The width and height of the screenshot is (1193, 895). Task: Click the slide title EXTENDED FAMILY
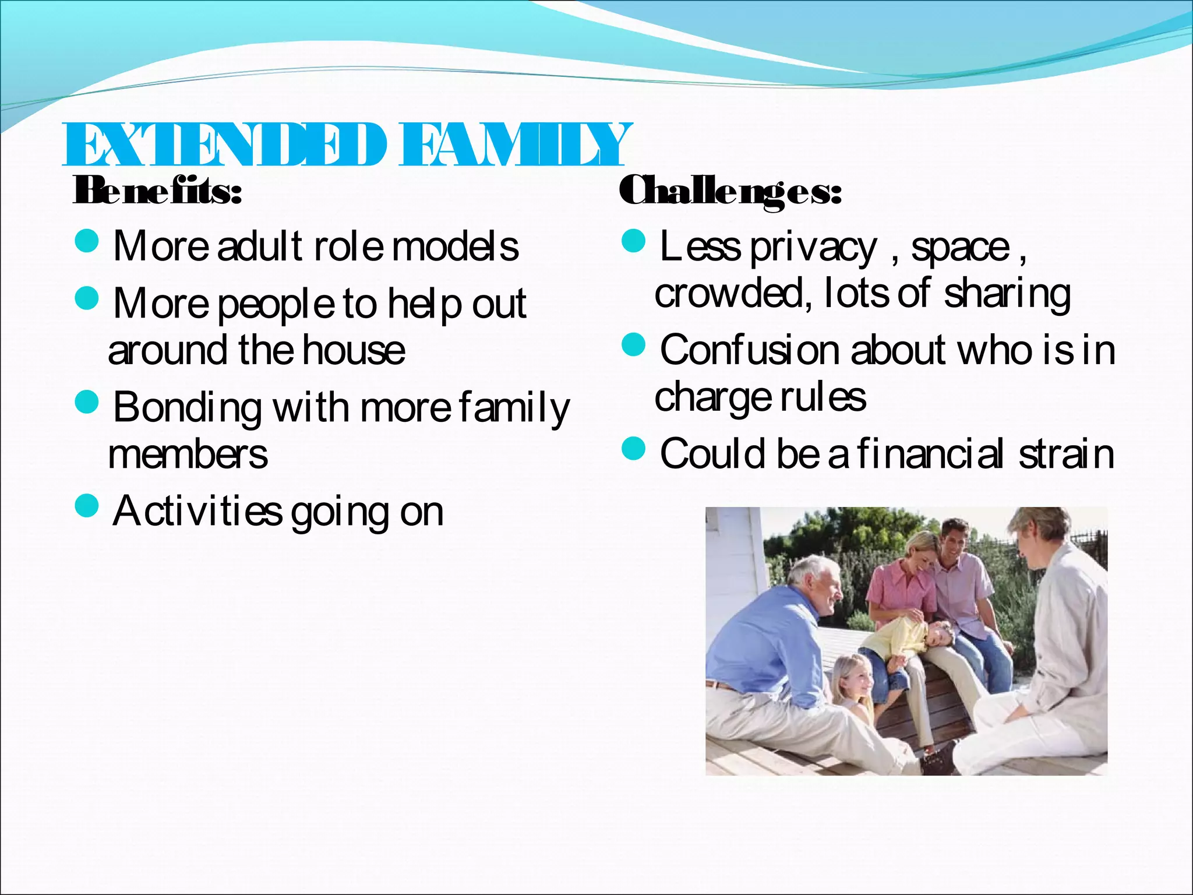pyautogui.click(x=347, y=145)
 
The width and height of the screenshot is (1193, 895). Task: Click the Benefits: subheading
pyautogui.click(x=157, y=191)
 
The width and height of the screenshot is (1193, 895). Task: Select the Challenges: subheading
pyautogui.click(x=730, y=191)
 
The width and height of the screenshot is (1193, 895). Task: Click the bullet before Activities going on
pyautogui.click(x=87, y=506)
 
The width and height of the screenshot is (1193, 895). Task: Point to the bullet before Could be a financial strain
pyautogui.click(x=634, y=449)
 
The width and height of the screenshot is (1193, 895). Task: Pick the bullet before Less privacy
pyautogui.click(x=634, y=241)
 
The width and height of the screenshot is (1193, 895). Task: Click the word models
pyautogui.click(x=455, y=247)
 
